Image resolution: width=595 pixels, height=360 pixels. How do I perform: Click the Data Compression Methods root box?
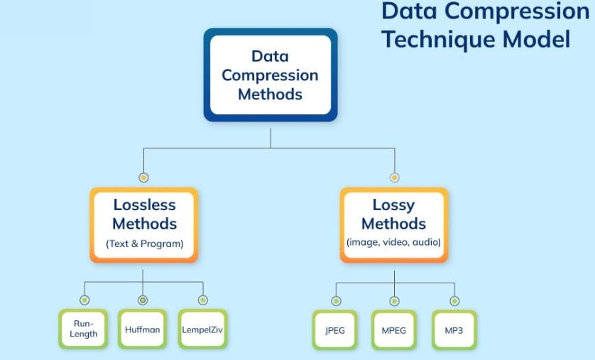pos(270,75)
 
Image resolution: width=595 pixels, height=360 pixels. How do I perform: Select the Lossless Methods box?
pos(144,224)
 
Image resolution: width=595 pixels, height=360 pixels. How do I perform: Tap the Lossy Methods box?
pos(393,224)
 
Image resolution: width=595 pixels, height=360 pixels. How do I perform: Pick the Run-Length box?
pos(84,329)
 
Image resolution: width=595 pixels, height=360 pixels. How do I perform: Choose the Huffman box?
pos(143,329)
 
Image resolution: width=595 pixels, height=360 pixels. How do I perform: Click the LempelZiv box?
pos(202,329)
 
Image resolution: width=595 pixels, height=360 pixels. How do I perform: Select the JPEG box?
pos(335,329)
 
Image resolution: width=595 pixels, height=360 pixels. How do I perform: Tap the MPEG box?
pos(394,329)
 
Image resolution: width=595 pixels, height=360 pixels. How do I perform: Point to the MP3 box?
pos(454,329)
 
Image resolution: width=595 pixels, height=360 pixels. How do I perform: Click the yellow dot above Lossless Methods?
pos(143,177)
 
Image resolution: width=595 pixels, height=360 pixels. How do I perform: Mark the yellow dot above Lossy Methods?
pos(394,177)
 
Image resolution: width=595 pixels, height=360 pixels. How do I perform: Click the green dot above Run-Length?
pos(84,300)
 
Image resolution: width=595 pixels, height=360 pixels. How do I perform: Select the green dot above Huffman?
pos(143,300)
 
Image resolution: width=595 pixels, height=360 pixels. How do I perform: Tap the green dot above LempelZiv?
pos(203,300)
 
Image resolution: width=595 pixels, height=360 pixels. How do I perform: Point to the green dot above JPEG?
pos(335,301)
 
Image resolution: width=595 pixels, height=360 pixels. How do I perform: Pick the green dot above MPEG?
pos(394,301)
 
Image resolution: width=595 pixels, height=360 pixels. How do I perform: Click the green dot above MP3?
pos(454,301)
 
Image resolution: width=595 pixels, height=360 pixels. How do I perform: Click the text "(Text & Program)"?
pos(144,244)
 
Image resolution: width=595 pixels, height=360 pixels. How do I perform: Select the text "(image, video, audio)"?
pos(393,242)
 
